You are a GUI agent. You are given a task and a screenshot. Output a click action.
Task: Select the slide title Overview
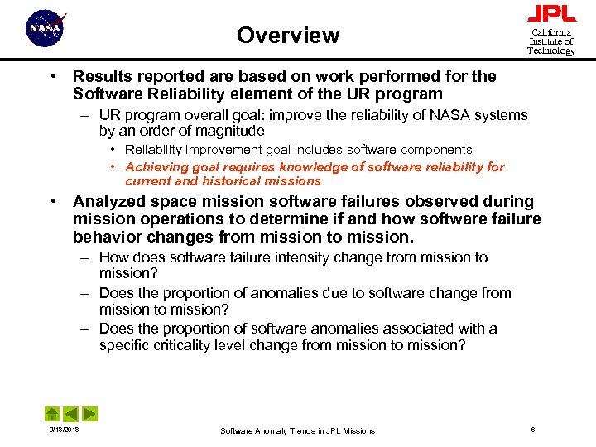(288, 36)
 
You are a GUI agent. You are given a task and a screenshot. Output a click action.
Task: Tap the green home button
(51, 413)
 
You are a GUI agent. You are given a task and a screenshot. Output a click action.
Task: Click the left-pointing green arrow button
(71, 413)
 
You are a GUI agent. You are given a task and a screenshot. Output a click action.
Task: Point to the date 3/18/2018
(53, 430)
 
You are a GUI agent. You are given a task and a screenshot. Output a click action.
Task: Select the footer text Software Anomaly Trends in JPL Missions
(297, 430)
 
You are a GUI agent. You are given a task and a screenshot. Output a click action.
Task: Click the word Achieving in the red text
(155, 166)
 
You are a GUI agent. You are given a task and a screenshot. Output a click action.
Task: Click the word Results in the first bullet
(102, 77)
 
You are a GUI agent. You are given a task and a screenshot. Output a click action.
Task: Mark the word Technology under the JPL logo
(551, 51)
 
